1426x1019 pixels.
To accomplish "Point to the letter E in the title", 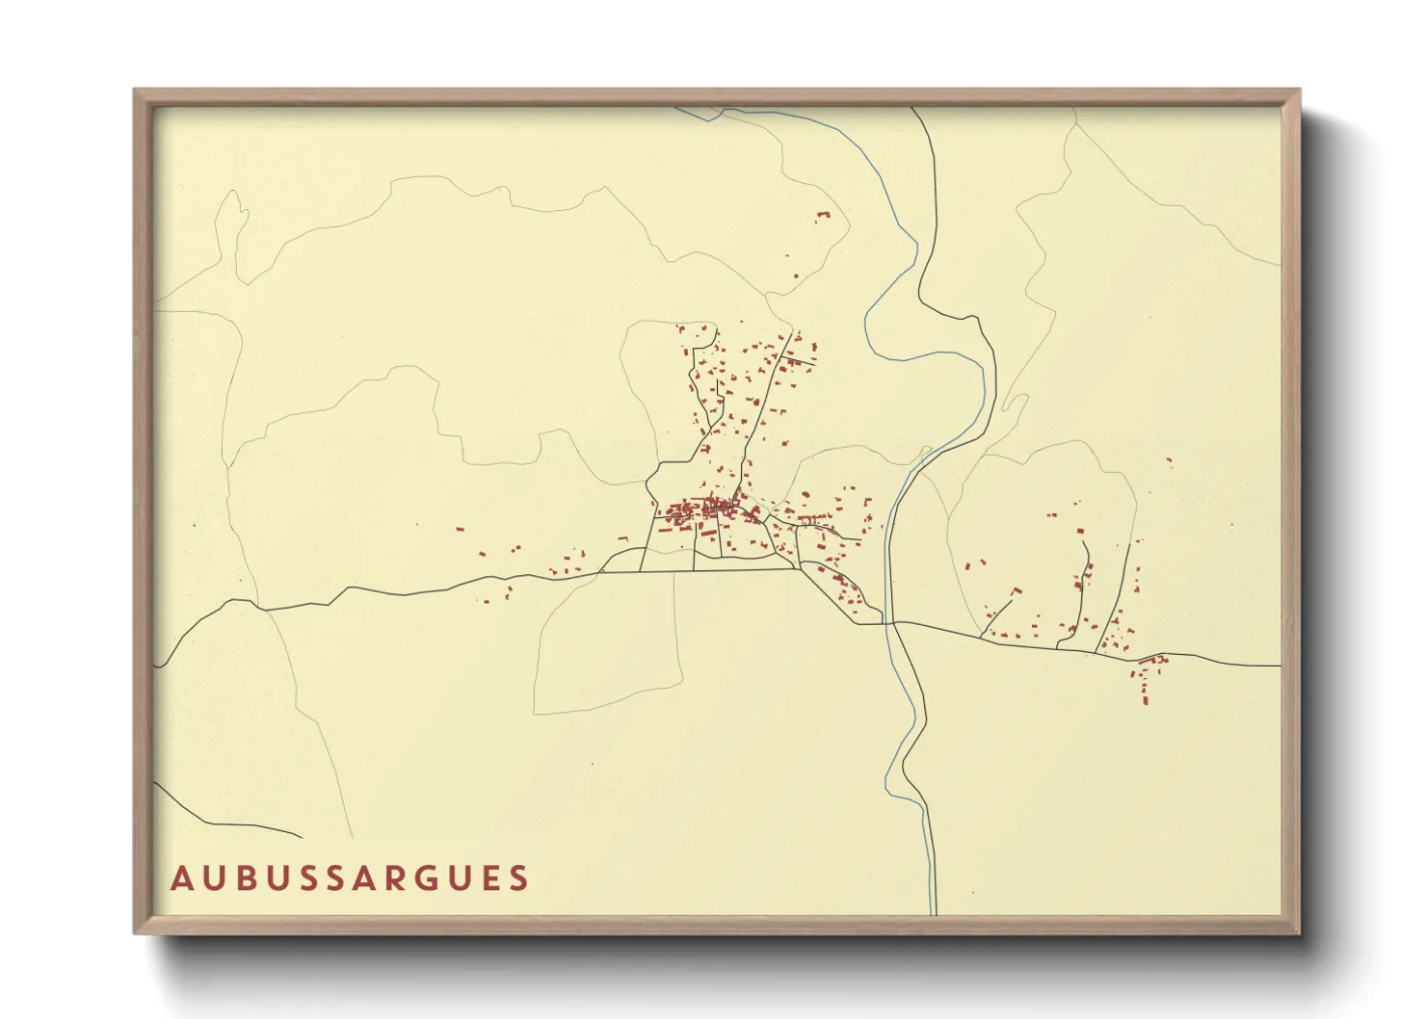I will click(489, 878).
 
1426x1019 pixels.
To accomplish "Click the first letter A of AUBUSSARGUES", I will click(180, 878).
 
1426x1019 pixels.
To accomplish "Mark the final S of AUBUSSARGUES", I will click(520, 878).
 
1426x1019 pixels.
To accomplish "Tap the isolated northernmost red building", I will click(822, 217).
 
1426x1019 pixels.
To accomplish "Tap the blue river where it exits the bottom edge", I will click(933, 910).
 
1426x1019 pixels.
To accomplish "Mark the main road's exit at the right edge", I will click(1278, 666).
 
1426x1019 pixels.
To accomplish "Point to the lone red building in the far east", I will click(1169, 462).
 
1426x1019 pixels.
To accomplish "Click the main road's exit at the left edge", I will click(157, 665).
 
